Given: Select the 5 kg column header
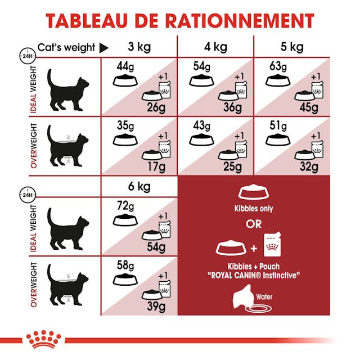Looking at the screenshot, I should coord(291,47).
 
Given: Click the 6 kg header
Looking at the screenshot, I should coord(139,186).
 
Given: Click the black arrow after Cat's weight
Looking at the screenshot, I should coord(103,48).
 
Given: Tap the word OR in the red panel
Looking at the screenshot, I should coord(254,224).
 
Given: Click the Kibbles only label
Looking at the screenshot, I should coord(254,209).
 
